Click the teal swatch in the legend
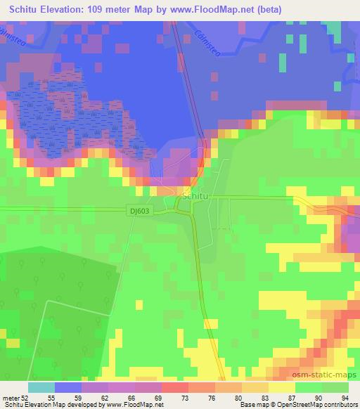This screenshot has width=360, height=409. tap(41, 388)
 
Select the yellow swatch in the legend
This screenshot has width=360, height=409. tap(282, 388)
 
